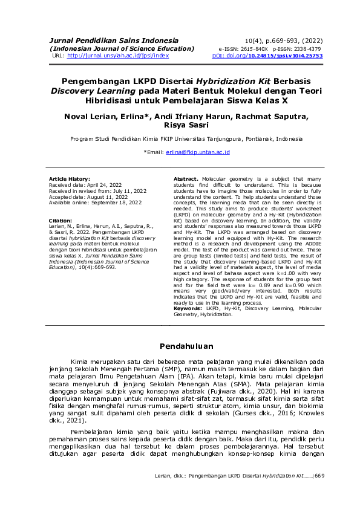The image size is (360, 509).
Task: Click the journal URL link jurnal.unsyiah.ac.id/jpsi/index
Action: [x=118, y=55]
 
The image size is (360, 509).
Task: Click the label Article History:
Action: [x=70, y=180]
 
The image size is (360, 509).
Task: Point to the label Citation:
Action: [x=61, y=221]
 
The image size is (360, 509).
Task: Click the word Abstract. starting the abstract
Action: [x=186, y=180]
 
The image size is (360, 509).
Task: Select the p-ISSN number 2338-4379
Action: [x=307, y=48]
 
